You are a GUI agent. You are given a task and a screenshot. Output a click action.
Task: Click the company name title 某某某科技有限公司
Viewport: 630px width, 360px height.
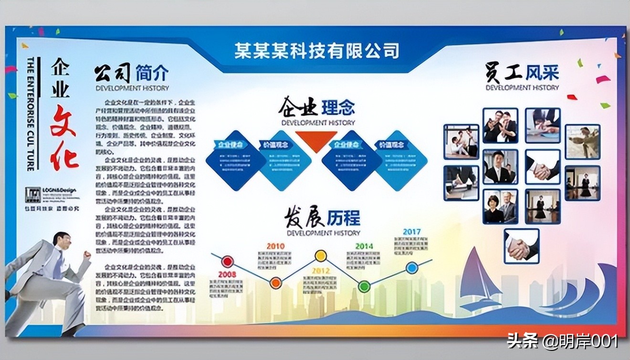coord(316,50)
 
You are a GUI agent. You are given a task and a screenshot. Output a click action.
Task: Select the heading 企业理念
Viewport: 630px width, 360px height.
coord(317,107)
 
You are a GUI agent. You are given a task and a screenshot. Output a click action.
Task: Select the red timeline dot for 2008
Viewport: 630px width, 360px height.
coord(228,261)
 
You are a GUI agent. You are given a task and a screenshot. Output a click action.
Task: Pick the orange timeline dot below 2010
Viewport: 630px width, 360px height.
coord(275,283)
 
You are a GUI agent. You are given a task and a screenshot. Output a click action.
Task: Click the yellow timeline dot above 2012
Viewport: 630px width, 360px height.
coord(321,256)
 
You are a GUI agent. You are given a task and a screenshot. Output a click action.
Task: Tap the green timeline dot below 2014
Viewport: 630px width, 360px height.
coord(364,286)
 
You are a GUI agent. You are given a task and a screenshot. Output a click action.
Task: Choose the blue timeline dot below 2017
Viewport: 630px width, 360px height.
coord(412,268)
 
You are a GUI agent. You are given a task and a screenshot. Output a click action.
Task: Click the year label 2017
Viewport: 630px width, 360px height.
coord(411,232)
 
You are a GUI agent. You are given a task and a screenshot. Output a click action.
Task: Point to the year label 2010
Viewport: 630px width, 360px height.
coord(275,246)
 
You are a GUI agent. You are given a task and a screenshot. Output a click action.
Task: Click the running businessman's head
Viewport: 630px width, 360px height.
coord(62,241)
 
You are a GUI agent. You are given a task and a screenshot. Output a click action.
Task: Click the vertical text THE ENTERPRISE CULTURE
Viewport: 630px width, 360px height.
coord(31,115)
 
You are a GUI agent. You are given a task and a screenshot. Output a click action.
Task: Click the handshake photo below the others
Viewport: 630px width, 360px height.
coord(522,246)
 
